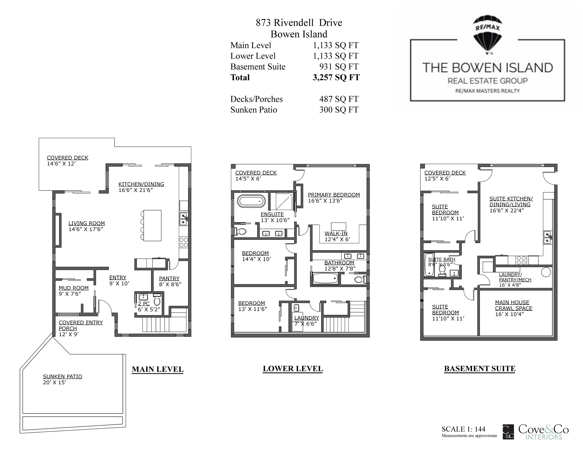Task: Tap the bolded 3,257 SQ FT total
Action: tap(336, 77)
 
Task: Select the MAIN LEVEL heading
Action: tap(157, 370)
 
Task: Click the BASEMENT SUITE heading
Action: tap(480, 369)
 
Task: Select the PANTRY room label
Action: tap(169, 278)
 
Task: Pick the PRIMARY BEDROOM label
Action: tap(334, 195)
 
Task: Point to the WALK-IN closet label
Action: tap(336, 234)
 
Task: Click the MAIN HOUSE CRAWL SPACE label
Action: tap(514, 305)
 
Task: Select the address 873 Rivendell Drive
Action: tap(299, 23)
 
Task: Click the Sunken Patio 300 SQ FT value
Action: tap(339, 110)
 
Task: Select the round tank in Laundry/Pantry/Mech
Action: tap(546, 272)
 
